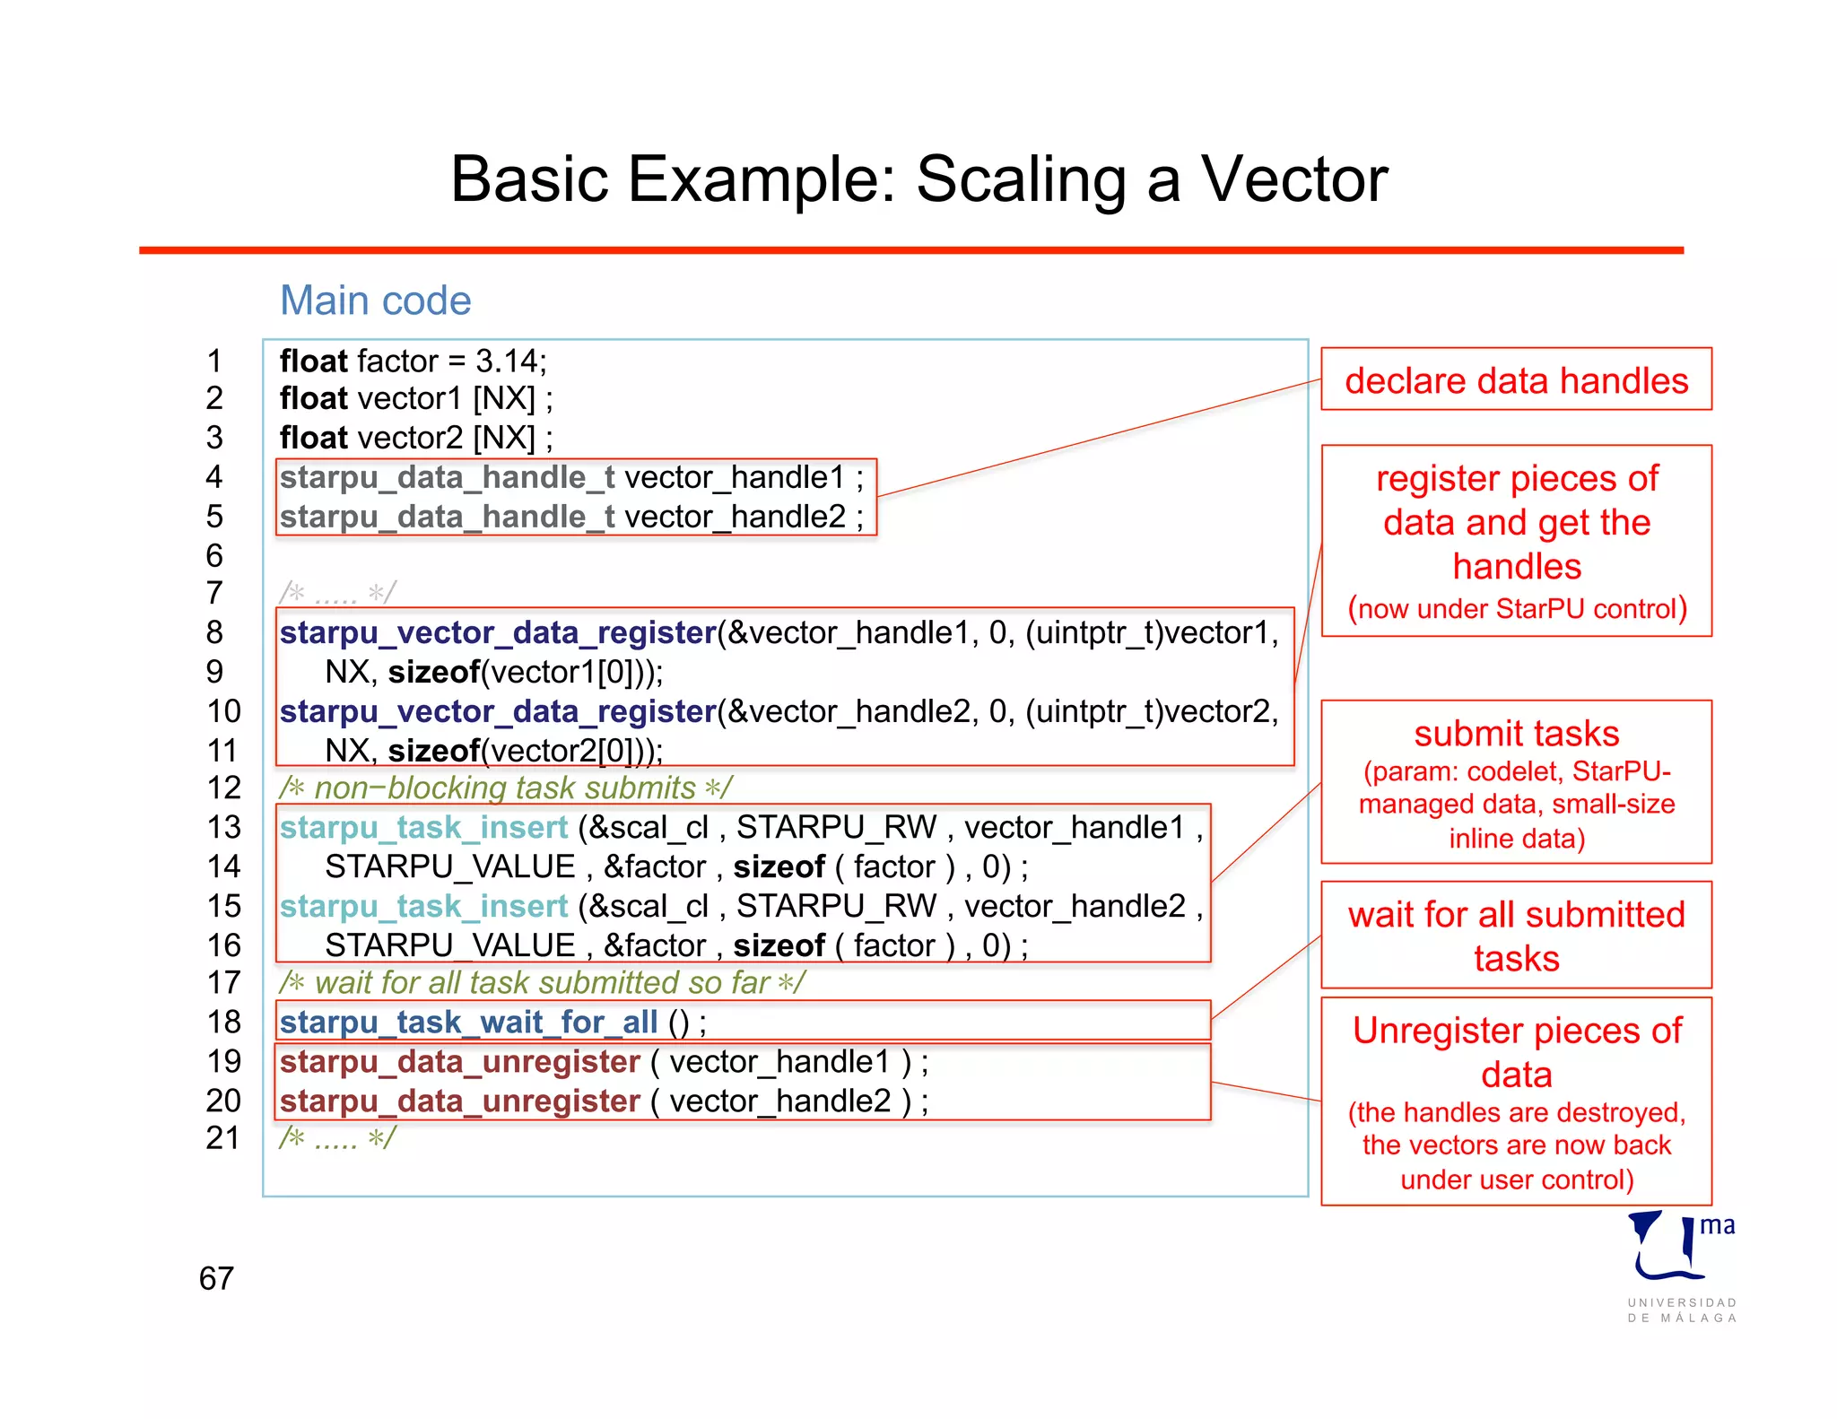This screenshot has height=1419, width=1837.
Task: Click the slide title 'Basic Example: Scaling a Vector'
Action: (918, 179)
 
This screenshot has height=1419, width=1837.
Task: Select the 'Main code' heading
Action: (375, 300)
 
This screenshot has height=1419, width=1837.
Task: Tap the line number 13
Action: (223, 827)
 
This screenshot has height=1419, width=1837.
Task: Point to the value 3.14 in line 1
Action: (507, 361)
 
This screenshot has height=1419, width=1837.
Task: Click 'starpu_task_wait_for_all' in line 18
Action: (468, 1022)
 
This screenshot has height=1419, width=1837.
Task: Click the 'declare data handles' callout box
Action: (1516, 380)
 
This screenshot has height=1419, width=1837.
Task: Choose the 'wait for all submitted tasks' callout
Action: (1516, 936)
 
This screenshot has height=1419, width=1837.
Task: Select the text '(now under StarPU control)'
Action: (1517, 609)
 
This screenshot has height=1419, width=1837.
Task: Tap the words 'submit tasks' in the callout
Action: (1516, 734)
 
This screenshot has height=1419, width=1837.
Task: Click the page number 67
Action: (216, 1278)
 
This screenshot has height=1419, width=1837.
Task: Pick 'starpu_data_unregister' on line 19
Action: (459, 1062)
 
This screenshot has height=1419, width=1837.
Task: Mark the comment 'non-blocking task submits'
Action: (505, 788)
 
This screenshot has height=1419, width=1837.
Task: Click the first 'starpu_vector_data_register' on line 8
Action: (497, 633)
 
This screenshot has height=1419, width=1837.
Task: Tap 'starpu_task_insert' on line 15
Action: (423, 906)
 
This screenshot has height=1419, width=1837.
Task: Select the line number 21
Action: (223, 1138)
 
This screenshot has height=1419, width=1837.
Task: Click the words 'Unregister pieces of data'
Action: (1516, 1052)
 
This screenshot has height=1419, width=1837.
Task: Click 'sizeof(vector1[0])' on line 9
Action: (524, 672)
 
